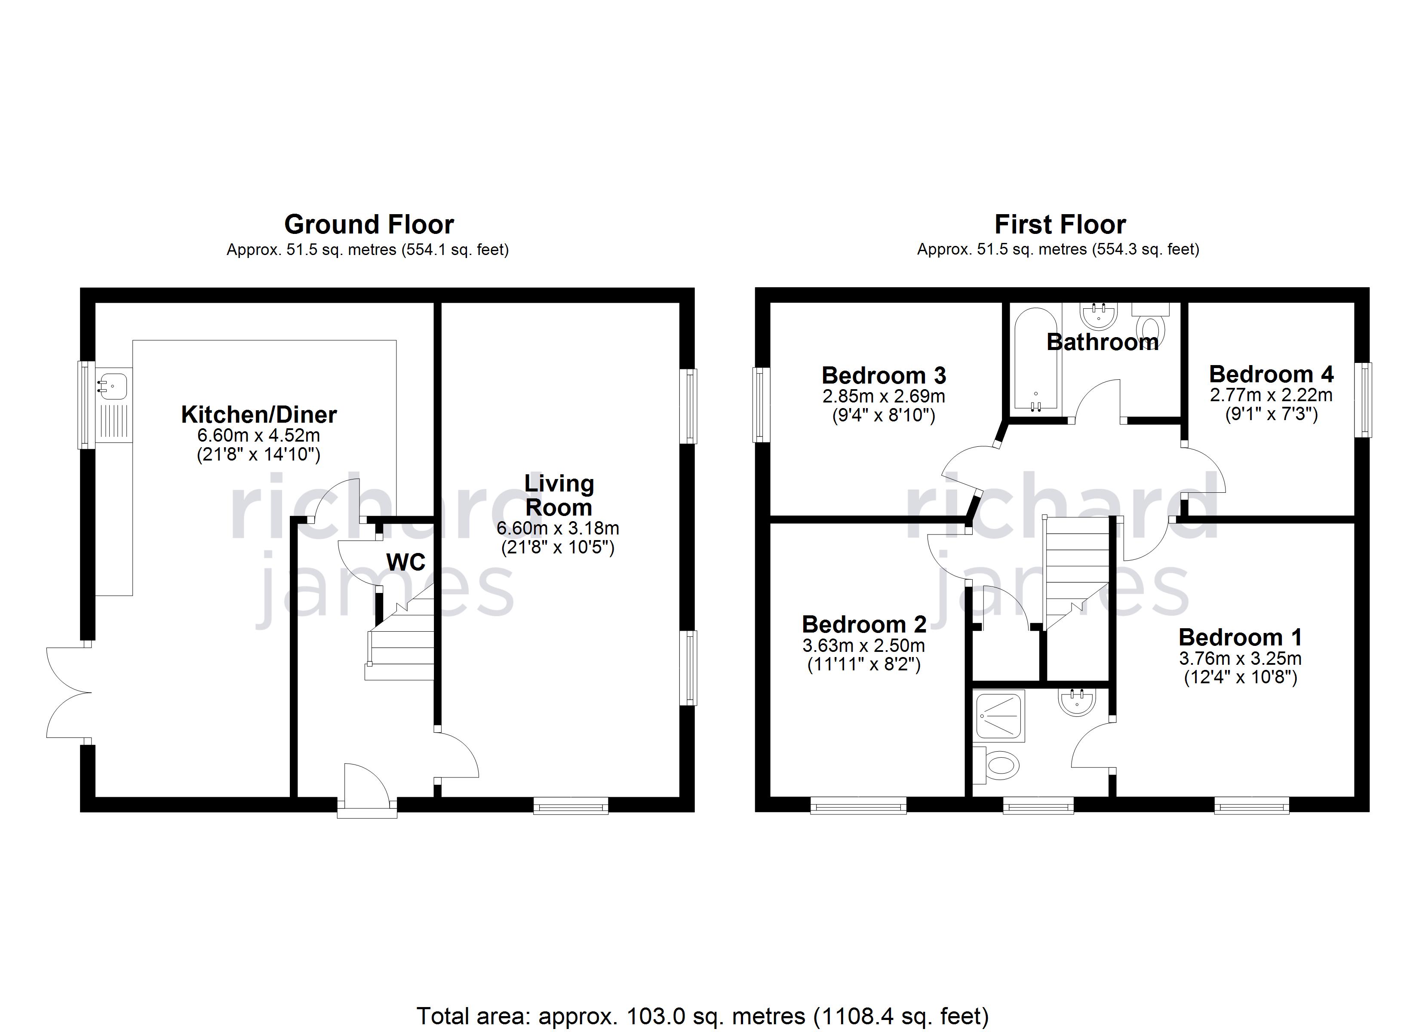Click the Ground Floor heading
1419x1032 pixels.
pyautogui.click(x=369, y=224)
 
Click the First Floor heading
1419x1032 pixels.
pyautogui.click(x=1060, y=224)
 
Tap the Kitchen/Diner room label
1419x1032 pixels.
pyautogui.click(x=259, y=414)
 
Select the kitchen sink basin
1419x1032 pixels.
pyautogui.click(x=113, y=383)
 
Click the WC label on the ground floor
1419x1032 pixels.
pyautogui.click(x=405, y=562)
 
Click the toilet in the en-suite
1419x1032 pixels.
pyautogui.click(x=996, y=765)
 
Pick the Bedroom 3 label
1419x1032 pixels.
pyautogui.click(x=883, y=375)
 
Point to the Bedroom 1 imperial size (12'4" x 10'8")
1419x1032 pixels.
pyautogui.click(x=1241, y=677)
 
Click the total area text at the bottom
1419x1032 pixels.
pyautogui.click(x=703, y=1015)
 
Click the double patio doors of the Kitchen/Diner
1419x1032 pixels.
pyautogui.click(x=69, y=692)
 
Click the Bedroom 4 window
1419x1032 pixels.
pyautogui.click(x=1363, y=399)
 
